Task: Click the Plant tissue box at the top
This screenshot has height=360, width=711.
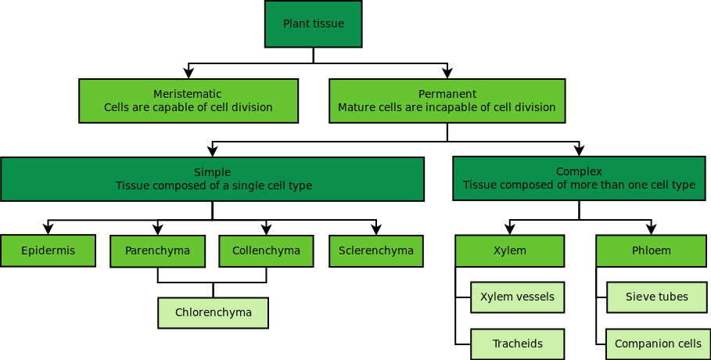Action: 313,23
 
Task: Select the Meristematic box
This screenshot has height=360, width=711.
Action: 189,101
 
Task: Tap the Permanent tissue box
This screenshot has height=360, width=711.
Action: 447,101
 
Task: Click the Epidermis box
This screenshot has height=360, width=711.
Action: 48,250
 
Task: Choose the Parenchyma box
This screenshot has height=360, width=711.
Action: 157,251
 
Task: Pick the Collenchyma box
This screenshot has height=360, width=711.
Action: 266,251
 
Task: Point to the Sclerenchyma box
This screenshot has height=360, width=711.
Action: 376,251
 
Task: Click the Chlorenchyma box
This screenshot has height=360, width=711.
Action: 213,312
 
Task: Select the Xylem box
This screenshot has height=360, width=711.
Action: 510,251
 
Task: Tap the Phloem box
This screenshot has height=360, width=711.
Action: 651,251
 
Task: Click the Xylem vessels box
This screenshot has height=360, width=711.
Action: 517,297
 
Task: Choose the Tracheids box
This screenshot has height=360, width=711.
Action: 517,344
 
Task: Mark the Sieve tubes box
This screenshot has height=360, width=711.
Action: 657,297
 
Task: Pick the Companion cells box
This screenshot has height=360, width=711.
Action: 657,344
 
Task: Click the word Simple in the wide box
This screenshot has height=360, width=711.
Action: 212,172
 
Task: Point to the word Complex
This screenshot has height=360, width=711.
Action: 579,171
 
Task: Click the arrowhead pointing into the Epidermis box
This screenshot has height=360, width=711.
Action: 48,229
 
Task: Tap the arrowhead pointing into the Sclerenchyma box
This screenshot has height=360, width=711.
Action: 376,229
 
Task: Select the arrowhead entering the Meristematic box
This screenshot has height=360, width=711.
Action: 189,74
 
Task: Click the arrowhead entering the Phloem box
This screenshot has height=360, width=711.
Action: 651,229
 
